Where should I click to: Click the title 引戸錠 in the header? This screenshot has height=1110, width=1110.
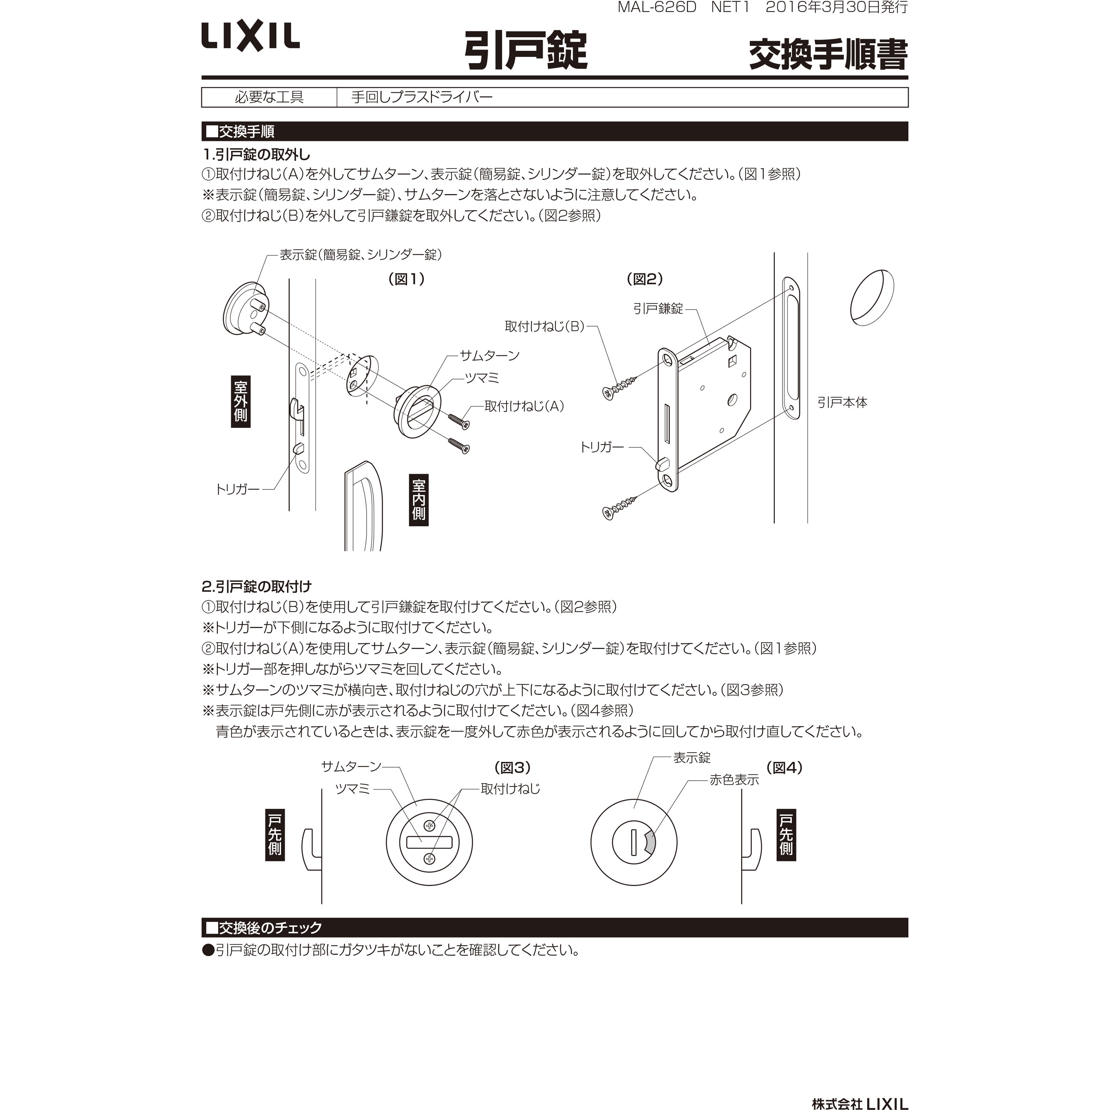[x=526, y=51]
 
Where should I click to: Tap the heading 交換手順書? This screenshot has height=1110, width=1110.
[x=828, y=55]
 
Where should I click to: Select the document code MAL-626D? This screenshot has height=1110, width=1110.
[x=657, y=7]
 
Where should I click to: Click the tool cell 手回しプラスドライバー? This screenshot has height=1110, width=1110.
[x=422, y=97]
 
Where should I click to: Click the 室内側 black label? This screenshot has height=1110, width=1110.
[x=419, y=499]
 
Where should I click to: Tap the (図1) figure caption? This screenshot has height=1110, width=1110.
[x=407, y=279]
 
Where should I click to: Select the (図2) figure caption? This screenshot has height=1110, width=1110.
[x=645, y=279]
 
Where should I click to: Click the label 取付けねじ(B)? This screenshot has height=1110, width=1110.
[x=544, y=326]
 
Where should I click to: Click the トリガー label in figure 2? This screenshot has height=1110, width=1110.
[x=602, y=447]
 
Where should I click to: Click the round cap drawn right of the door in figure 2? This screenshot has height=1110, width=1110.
[x=872, y=297]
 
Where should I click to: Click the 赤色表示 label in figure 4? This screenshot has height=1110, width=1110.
[x=734, y=780]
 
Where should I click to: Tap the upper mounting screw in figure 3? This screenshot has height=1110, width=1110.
[x=429, y=825]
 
